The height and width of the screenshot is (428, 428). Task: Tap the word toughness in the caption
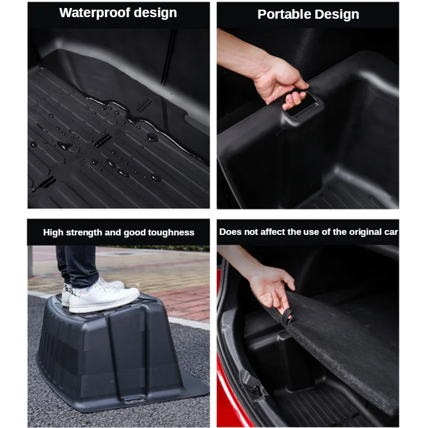[171, 233]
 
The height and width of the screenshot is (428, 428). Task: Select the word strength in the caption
[84, 233]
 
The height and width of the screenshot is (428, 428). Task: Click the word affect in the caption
[273, 232]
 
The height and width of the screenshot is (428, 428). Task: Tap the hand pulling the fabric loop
[273, 289]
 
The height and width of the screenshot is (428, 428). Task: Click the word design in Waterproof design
[155, 13]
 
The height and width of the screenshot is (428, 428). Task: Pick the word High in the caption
[53, 233]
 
